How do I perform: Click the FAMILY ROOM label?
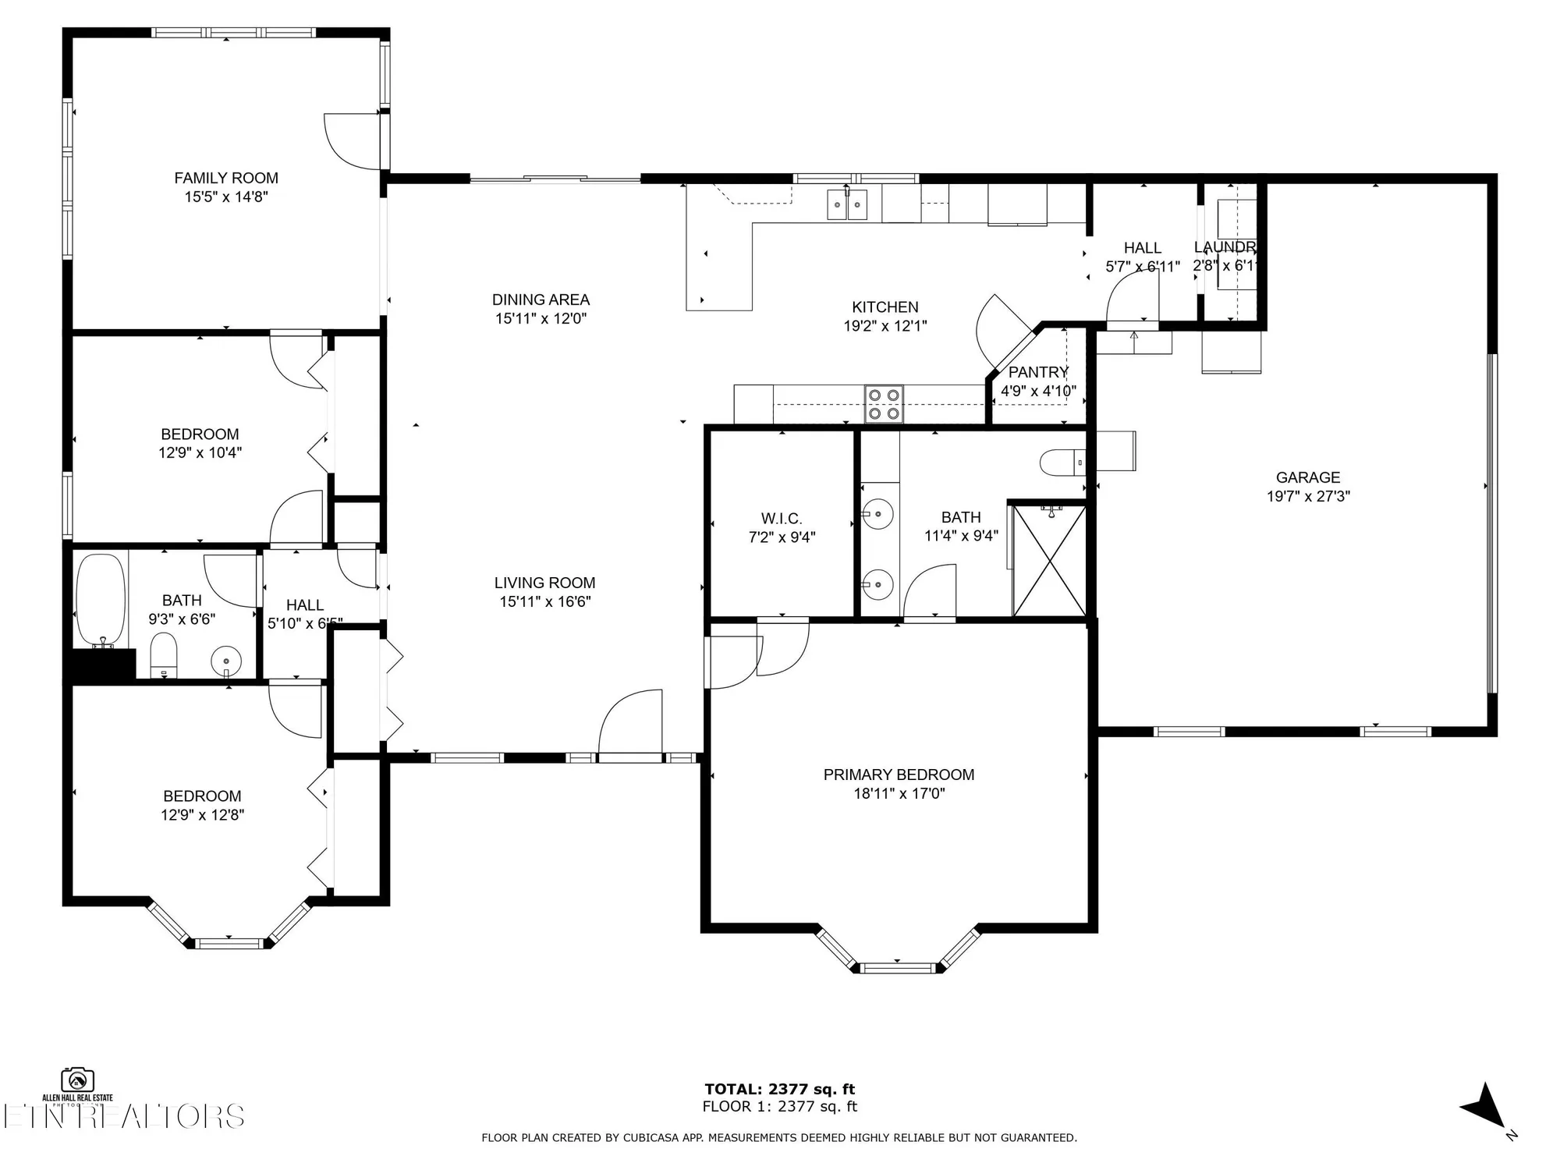[226, 178]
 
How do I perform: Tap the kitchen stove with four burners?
[884, 404]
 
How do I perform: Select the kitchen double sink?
[846, 204]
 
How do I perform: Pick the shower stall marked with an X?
[1048, 560]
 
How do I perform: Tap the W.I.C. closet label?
[782, 519]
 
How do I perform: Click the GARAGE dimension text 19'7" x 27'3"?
[1308, 496]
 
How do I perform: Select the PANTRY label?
[1037, 372]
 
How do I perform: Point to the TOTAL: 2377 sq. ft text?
[779, 1089]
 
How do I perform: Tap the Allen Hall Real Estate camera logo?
[77, 1081]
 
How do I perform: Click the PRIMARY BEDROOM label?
[899, 775]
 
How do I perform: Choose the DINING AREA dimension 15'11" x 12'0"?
[541, 318]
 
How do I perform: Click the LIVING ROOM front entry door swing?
[630, 721]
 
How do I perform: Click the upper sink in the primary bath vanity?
[877, 515]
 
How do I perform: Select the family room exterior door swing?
[352, 140]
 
